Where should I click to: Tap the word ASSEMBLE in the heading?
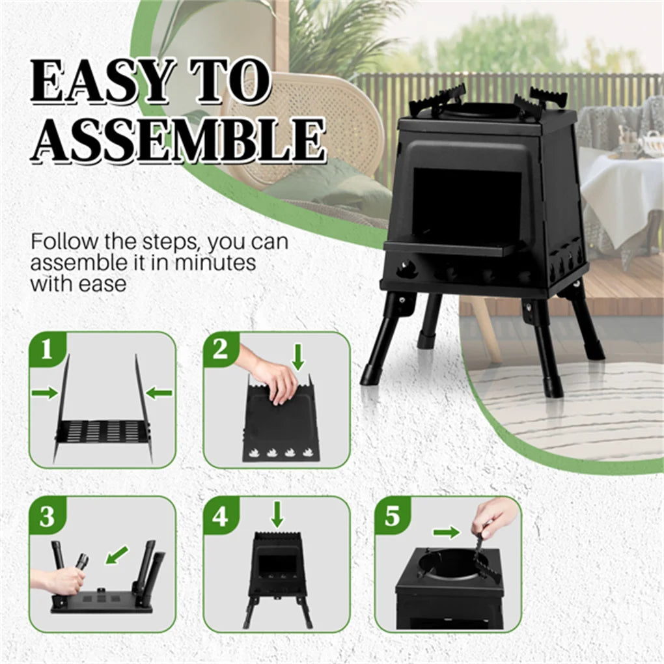[x=177, y=140]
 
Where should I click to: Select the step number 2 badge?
[x=220, y=350]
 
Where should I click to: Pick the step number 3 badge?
[x=47, y=517]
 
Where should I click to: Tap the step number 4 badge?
[x=220, y=517]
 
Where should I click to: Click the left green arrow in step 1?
[x=44, y=393]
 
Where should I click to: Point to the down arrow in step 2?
[x=298, y=357]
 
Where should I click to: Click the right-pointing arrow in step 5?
[x=446, y=533]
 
